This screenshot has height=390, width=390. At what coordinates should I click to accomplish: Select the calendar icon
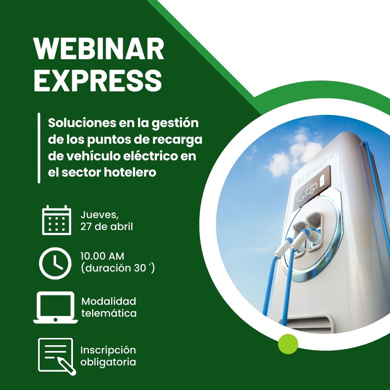(x=56, y=220)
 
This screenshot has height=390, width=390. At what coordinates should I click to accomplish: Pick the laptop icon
(x=56, y=308)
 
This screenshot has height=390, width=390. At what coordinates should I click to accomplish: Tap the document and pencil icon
(x=56, y=356)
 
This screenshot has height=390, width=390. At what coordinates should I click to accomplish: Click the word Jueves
(x=99, y=215)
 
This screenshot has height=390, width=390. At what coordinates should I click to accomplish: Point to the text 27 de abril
(x=107, y=227)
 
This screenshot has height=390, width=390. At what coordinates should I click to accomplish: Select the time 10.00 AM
(x=102, y=256)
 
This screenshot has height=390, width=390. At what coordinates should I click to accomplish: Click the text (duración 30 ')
(x=118, y=268)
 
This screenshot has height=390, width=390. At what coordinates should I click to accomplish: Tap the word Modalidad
(x=109, y=301)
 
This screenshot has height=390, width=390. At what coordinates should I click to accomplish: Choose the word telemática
(x=109, y=313)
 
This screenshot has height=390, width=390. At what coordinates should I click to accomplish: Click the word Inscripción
(x=108, y=350)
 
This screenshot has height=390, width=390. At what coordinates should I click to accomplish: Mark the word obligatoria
(x=108, y=362)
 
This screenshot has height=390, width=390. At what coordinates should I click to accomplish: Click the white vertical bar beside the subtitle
(x=39, y=148)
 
